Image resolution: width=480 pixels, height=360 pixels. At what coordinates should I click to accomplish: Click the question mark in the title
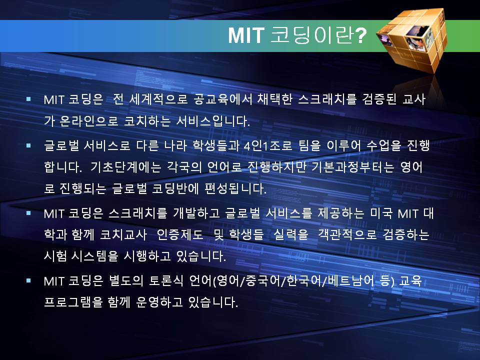pos(360,35)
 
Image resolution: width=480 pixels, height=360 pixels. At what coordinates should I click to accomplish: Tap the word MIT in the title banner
pos(246,35)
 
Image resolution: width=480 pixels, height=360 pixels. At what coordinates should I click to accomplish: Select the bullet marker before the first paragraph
pos(28,99)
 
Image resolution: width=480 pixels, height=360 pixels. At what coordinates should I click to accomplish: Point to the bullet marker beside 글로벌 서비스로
pos(28,145)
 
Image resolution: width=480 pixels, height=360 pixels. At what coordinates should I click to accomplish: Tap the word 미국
pos(381,213)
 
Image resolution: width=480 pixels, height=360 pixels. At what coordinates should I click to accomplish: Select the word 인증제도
pos(180,235)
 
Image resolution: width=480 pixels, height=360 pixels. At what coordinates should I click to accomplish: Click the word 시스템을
pos(94,256)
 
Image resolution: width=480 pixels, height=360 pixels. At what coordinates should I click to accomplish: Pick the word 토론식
pos(166,280)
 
